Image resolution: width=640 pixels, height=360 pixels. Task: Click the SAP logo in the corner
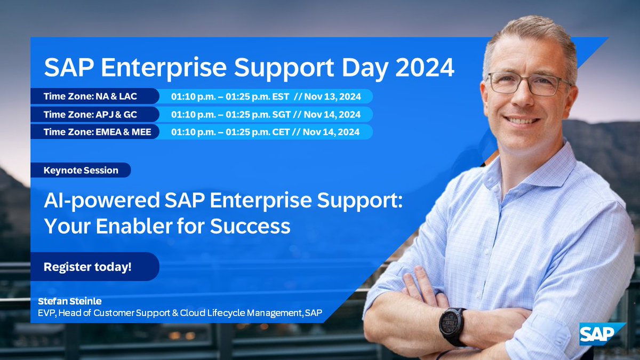point(602,334)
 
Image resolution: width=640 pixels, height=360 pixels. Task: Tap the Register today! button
point(88,267)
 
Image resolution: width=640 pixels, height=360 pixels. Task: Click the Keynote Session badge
point(81,170)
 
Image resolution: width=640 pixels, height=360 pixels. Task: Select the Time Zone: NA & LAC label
point(88,97)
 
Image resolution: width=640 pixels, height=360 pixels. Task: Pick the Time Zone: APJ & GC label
point(88,114)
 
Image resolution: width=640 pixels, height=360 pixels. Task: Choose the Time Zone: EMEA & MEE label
point(93,131)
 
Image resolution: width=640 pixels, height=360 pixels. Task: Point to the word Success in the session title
point(250,226)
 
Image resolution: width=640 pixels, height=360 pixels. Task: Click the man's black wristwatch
point(452,326)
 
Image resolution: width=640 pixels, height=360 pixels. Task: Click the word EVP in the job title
point(53,313)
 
